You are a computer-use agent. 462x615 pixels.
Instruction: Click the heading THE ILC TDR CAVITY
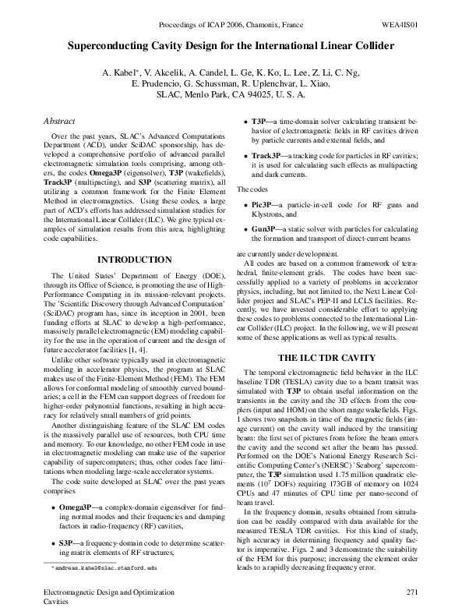click(x=327, y=357)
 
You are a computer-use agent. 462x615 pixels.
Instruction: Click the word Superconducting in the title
click(x=115, y=47)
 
